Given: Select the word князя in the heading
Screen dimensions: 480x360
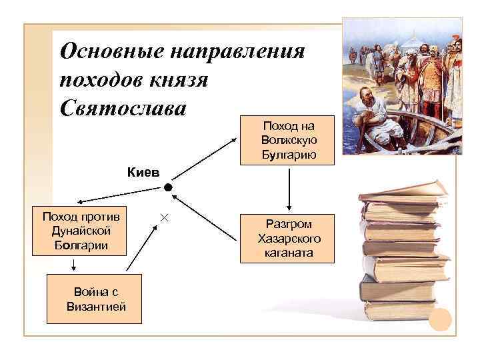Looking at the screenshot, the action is [177, 79].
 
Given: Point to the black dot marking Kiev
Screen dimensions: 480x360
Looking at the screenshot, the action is [168, 189].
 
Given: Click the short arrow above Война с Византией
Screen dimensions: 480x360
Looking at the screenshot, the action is [73, 263].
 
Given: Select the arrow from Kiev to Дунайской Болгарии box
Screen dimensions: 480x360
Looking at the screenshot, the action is [120, 193].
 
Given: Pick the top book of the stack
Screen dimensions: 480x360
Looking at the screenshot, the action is [403, 191].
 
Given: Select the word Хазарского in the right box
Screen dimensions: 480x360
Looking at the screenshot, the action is [289, 239].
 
